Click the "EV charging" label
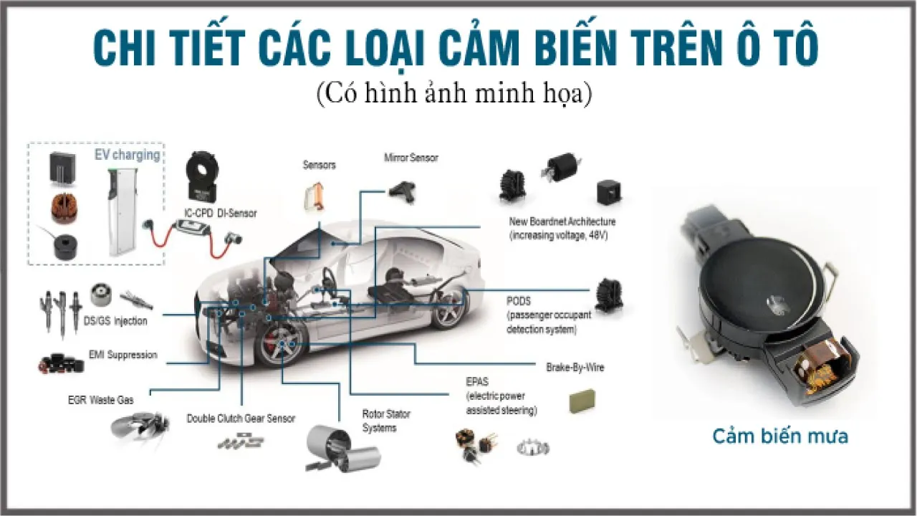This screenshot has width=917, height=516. tap(128, 155)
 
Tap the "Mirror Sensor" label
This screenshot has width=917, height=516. tap(411, 158)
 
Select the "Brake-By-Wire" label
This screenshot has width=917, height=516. tap(575, 367)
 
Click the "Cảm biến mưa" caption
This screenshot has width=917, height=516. tap(779, 436)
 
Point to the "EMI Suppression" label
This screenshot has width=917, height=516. tap(123, 355)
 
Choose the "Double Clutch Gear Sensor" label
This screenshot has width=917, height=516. tap(241, 418)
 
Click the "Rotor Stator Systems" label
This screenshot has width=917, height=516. tap(386, 421)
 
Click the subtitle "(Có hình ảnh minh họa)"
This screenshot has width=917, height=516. tap(454, 94)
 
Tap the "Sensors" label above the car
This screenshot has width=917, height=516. tap(319, 165)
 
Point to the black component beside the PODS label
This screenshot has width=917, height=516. tap(608, 295)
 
